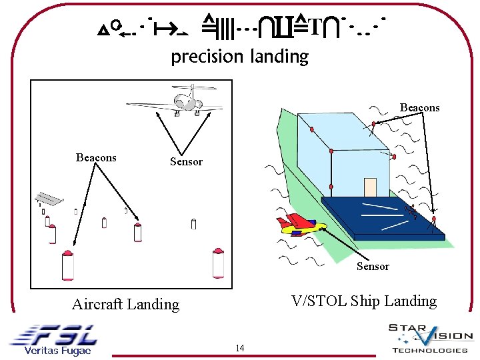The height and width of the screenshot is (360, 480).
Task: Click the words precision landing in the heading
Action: click(x=239, y=57)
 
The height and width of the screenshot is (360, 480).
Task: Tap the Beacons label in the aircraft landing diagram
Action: click(x=96, y=158)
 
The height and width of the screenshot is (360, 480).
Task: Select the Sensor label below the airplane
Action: click(x=186, y=161)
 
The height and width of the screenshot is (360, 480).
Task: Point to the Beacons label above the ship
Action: click(x=419, y=107)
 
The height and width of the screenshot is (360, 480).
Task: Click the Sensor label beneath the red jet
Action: click(x=372, y=267)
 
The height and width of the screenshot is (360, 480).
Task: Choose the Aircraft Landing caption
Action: click(x=125, y=305)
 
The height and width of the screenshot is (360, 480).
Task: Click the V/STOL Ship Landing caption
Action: click(x=363, y=301)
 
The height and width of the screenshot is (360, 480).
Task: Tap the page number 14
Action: click(x=240, y=348)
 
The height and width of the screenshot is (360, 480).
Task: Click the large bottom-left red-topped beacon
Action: click(x=67, y=265)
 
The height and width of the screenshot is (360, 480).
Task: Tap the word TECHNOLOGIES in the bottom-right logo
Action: click(x=429, y=351)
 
